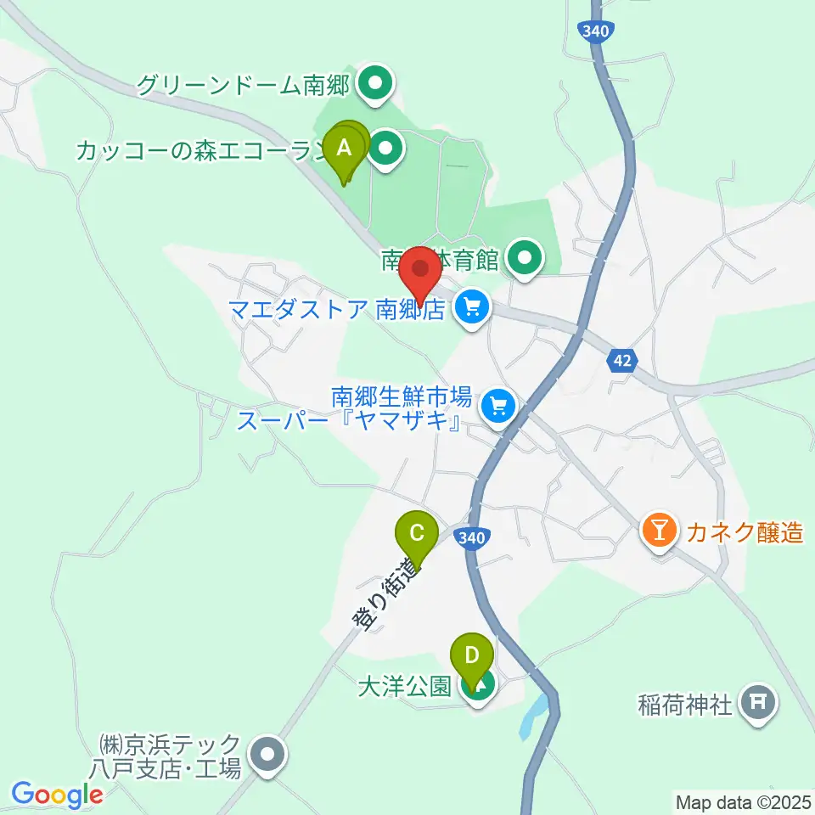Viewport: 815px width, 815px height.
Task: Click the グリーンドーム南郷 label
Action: point(244,84)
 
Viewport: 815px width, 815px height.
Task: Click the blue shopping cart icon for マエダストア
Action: point(471,306)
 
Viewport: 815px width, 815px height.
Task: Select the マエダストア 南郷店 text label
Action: point(337,307)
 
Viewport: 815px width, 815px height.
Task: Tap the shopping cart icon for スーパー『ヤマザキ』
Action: point(498,407)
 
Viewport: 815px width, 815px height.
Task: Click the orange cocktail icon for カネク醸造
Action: point(659,532)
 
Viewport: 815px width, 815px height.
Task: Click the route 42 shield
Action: point(622,360)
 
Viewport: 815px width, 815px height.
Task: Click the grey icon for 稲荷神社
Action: point(755,703)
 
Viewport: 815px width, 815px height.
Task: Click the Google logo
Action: point(57,795)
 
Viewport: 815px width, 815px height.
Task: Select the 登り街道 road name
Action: point(387,593)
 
